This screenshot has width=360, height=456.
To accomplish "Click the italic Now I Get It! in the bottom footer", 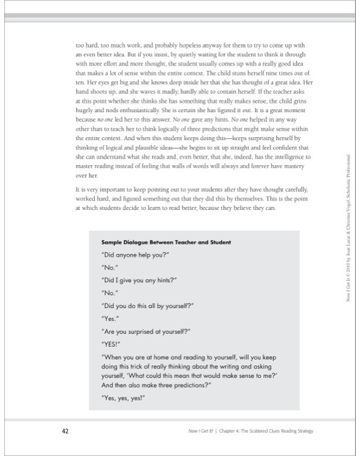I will click(x=201, y=432).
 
